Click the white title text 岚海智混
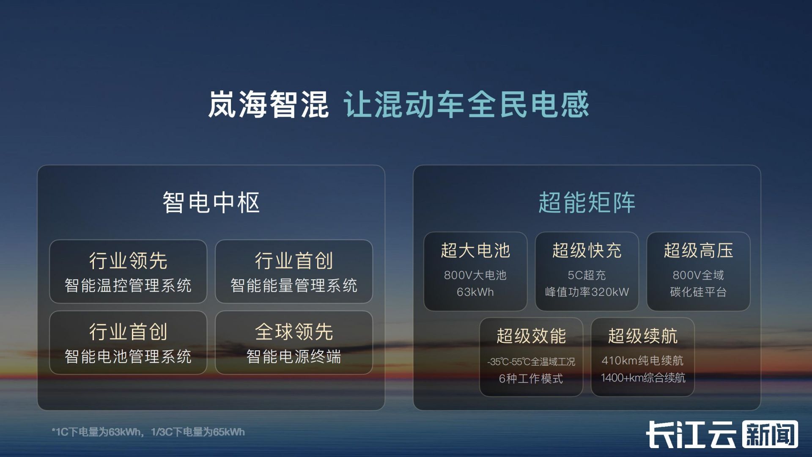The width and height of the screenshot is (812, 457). pos(268,104)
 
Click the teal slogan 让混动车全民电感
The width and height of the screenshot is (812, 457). pos(466,104)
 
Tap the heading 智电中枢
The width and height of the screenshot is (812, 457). pos(211,202)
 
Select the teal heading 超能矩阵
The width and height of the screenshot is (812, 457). pos(587,202)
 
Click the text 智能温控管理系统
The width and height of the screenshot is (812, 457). pos(128,286)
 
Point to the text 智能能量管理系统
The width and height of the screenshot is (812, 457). pos(294,286)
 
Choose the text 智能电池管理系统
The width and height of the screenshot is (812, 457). pos(128,357)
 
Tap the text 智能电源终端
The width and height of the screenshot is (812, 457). pos(294,357)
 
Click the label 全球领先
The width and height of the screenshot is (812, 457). pos(294,332)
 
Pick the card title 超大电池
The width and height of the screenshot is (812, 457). pos(475,251)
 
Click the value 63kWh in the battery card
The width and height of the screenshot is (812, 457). pos(475,292)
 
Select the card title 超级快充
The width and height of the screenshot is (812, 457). pos(587,251)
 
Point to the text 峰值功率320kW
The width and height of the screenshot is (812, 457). pos(587,292)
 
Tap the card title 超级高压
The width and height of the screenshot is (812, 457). pos(699,251)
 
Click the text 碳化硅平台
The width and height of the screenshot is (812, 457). pos(699,292)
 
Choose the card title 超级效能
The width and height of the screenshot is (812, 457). pos(531,336)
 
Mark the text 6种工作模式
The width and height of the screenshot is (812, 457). pos(531,378)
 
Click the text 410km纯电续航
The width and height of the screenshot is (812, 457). pos(642,361)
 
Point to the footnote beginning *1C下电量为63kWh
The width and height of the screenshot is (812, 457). pos(148,432)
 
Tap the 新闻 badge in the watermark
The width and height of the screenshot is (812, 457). pos(770,435)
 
